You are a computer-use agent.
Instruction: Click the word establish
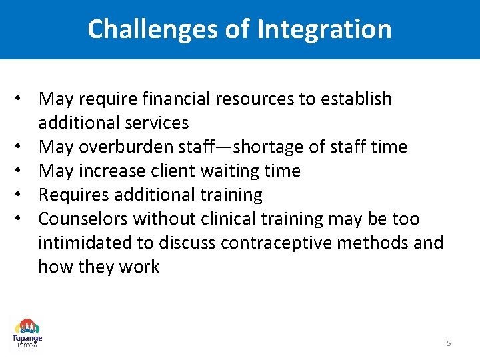[356, 99]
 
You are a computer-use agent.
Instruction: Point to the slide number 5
[449, 343]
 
